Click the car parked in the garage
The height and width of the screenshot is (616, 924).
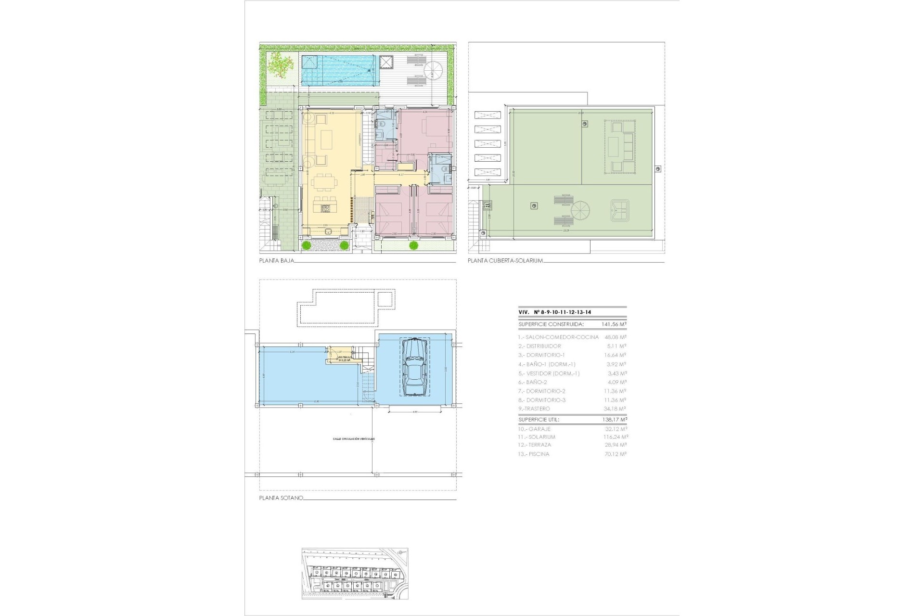[x=414, y=367]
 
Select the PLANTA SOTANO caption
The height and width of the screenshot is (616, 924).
[x=281, y=498]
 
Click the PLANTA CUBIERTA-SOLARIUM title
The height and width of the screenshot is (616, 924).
[x=505, y=261]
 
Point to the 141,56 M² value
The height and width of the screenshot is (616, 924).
[x=614, y=324]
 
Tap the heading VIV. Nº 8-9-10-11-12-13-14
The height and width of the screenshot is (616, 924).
[x=555, y=312]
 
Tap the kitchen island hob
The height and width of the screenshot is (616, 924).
[x=325, y=209]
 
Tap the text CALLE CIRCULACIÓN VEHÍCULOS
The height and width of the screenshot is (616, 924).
[x=353, y=439]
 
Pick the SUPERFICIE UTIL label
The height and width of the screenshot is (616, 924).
[x=539, y=420]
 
